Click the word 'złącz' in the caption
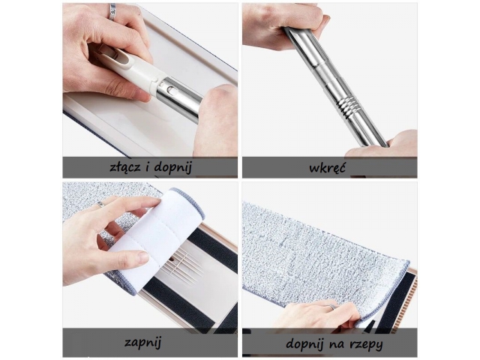click(125, 167)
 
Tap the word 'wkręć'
click(327, 168)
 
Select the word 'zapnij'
click(142, 343)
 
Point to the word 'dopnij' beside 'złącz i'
click(173, 168)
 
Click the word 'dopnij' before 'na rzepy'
click(305, 344)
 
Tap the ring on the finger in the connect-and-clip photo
click(112, 12)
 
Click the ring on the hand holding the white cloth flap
click(100, 205)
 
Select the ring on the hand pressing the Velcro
click(331, 307)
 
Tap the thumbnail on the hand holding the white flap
click(142, 258)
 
